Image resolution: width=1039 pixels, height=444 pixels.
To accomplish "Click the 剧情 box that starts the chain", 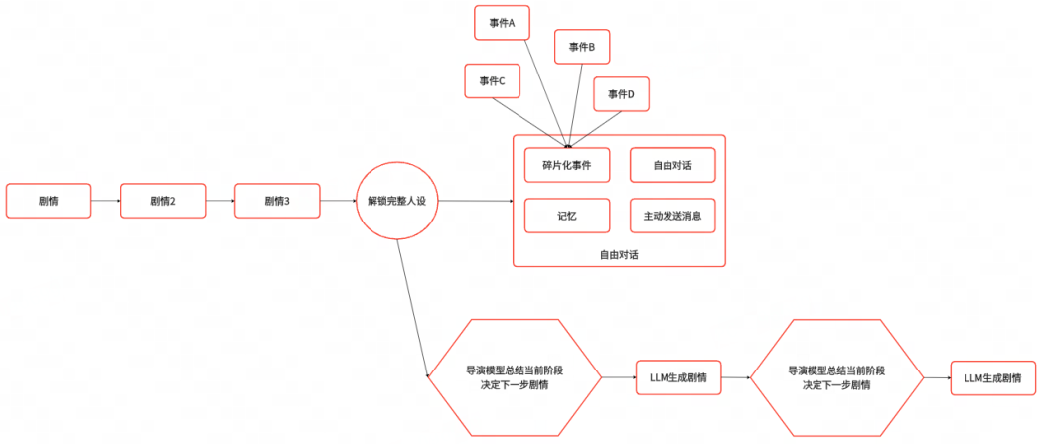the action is pos(48,201).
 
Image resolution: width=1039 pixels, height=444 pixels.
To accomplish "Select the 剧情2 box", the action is pos(162,201).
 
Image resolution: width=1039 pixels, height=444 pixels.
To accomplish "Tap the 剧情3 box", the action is pos(276,201).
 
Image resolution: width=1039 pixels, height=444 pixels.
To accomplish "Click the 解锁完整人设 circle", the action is pos(397,201).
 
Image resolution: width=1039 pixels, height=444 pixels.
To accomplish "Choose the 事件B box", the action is pos(581,47).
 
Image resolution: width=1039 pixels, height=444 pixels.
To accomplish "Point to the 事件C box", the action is pos(492,81).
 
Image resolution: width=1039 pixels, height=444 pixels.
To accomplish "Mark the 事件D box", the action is pos(621,94).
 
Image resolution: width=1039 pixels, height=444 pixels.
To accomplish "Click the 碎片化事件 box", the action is pos(567,165).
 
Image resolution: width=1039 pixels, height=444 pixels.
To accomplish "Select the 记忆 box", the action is pos(567,216).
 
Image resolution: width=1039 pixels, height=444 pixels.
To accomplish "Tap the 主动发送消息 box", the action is pos(671,216).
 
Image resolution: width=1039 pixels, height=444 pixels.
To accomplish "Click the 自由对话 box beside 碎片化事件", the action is pos(671,165).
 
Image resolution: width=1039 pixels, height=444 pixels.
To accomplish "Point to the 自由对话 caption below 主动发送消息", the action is pos(619,255).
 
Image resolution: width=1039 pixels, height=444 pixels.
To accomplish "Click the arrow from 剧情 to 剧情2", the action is pos(105,201).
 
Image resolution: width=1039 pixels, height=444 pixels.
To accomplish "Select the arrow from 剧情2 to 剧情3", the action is pos(220,201).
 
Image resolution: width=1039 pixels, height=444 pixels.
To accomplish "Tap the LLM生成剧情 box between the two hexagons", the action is pos(677,377).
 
